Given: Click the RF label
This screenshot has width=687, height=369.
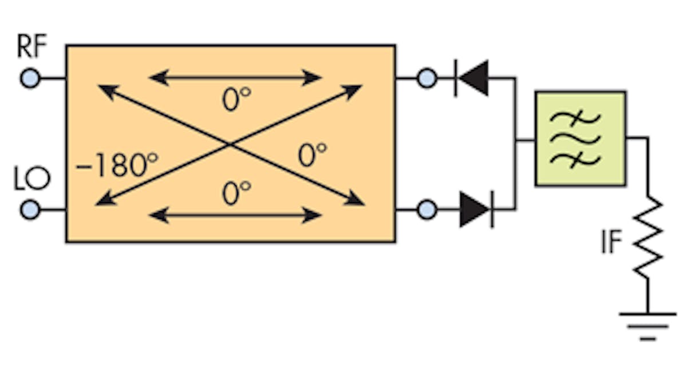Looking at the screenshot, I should click(31, 48).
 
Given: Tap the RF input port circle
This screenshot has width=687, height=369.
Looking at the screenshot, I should click(30, 78).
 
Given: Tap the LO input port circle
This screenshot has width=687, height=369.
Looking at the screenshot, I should click(30, 210).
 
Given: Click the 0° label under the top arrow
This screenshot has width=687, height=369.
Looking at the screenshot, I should click(236, 100).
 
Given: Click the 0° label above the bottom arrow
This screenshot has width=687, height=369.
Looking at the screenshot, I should click(236, 194).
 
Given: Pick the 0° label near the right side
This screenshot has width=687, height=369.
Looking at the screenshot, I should click(312, 155).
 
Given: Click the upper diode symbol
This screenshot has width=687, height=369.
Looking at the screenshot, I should click(472, 78).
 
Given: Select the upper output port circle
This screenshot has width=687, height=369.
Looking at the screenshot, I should click(427, 78).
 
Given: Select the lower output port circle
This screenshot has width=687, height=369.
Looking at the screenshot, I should click(427, 210).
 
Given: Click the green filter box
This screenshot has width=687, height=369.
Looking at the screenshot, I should click(580, 138).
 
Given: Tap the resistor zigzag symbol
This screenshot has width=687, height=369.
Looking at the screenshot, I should click(648, 237).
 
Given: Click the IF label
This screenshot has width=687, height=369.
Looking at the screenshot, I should click(611, 243).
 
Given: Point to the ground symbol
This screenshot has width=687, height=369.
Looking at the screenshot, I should click(648, 324).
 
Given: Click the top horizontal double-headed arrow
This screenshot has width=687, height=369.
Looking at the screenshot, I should click(235, 77).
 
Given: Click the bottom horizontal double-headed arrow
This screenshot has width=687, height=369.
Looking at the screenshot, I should click(235, 216).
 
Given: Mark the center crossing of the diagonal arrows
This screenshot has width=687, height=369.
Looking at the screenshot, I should click(230, 145).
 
